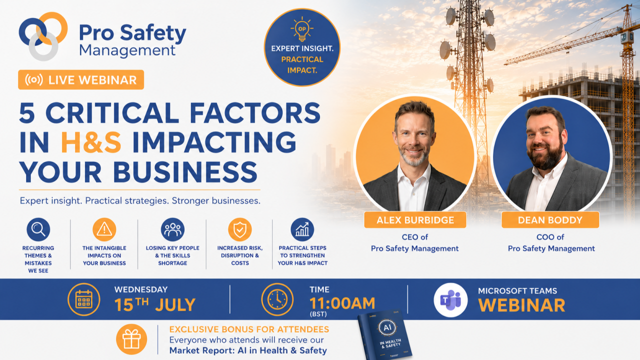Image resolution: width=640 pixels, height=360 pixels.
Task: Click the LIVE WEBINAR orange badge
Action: (x=81, y=79)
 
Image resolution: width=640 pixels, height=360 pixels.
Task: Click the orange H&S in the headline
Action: (x=91, y=142)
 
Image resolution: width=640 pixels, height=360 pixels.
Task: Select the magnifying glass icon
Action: (x=38, y=229)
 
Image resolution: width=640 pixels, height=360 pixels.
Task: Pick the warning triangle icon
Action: (x=104, y=229)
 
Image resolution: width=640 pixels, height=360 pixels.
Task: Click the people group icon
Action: (x=172, y=229)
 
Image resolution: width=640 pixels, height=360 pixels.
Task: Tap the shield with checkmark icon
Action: (x=239, y=229)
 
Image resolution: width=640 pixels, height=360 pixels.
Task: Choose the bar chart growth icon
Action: (x=302, y=229)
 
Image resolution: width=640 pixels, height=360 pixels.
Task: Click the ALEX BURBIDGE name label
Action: (x=415, y=219)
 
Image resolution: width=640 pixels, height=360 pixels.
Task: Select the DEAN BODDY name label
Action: (x=550, y=219)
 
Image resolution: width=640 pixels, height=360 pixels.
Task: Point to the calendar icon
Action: (x=83, y=299)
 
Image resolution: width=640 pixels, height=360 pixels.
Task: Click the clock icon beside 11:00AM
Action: (x=277, y=299)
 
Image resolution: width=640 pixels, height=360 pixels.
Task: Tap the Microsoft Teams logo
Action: (x=450, y=300)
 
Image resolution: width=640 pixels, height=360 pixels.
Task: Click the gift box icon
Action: (x=131, y=339)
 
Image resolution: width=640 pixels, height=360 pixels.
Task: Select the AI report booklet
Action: (x=385, y=335)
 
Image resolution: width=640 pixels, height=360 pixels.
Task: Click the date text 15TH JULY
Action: (x=155, y=304)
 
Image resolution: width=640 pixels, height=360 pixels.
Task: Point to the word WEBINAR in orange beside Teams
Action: (x=521, y=305)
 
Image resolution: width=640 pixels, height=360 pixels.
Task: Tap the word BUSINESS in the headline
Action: (x=185, y=172)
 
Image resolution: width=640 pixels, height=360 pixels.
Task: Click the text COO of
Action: (x=550, y=237)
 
